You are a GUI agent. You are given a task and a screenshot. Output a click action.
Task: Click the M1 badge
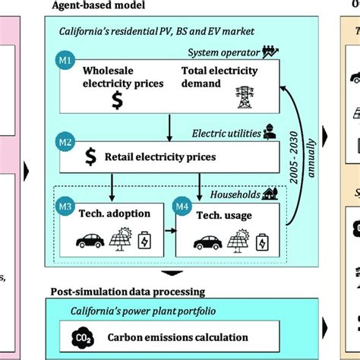click(68, 57)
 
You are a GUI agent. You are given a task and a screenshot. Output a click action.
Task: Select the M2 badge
click(68, 141)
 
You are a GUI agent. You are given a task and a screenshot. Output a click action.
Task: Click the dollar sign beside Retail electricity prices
click(90, 157)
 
